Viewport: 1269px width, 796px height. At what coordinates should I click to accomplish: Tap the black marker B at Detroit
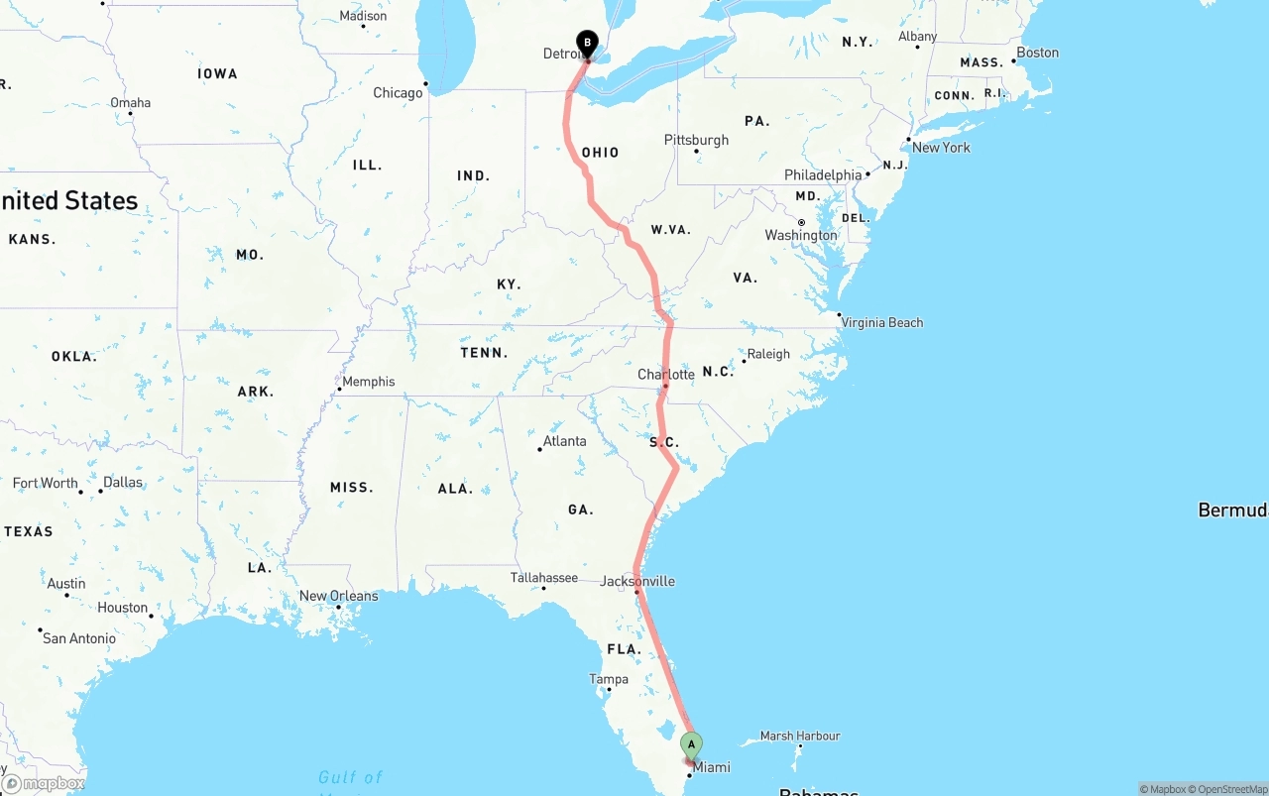tap(587, 43)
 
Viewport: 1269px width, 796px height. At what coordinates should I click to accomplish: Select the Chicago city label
tap(398, 93)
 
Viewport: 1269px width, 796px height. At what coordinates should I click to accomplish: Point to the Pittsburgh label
tap(696, 140)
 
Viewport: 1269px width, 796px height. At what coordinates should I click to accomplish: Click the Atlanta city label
tap(564, 441)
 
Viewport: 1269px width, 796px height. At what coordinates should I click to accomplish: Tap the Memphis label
tap(369, 382)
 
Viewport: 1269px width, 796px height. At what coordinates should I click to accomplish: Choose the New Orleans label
tap(338, 596)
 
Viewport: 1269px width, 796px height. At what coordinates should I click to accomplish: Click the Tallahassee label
tap(543, 577)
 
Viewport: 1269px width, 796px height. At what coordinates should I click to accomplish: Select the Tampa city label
tap(609, 679)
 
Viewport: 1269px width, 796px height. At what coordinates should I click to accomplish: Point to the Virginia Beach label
tap(881, 322)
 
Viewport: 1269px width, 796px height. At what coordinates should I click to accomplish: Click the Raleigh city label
tap(768, 354)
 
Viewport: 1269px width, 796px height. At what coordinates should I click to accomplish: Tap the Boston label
tap(1037, 53)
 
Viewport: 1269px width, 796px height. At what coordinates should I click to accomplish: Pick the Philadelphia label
tap(823, 174)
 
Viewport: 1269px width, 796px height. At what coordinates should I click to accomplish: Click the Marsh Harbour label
tap(800, 736)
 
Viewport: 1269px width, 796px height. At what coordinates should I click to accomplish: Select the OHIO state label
tap(600, 153)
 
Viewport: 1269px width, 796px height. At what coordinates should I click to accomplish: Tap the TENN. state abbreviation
tap(484, 353)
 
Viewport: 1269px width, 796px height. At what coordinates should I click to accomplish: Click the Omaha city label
tap(131, 103)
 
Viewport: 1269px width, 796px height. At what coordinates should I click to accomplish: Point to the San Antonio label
tap(79, 638)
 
